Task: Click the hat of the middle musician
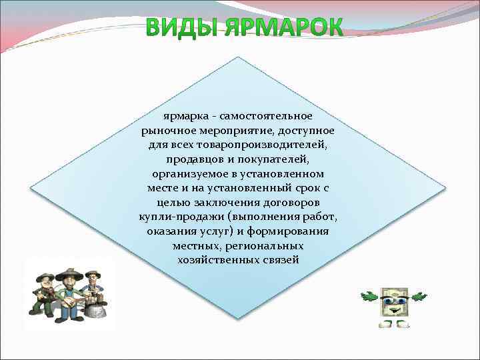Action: tap(67, 271)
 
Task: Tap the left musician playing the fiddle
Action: tap(44, 294)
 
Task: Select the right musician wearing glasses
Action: tap(94, 290)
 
